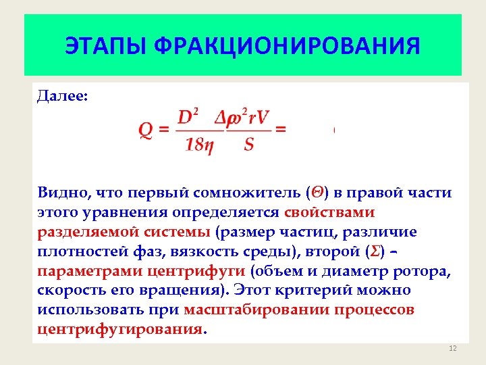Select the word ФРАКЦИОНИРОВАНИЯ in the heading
(287, 47)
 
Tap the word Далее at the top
(61, 97)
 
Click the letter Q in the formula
(145, 130)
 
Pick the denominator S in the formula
(249, 145)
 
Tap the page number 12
(452, 348)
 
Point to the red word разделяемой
(84, 232)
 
